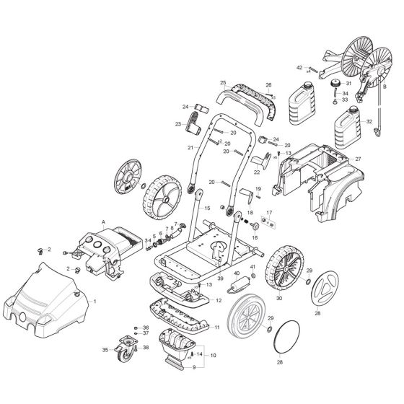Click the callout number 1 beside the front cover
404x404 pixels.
pyautogui.click(x=94, y=300)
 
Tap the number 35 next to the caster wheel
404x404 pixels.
pyautogui.click(x=105, y=350)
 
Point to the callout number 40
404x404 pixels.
pyautogui.click(x=237, y=273)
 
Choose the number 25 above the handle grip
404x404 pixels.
pyautogui.click(x=223, y=83)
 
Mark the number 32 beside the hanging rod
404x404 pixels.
pyautogui.click(x=369, y=121)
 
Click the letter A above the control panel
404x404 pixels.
pyautogui.click(x=104, y=223)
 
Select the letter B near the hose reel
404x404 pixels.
pyautogui.click(x=385, y=87)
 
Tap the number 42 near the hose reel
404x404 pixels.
pyautogui.click(x=299, y=67)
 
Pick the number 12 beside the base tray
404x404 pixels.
pyautogui.click(x=218, y=299)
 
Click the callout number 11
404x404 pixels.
pyautogui.click(x=216, y=327)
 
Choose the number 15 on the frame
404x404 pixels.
pyautogui.click(x=207, y=208)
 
